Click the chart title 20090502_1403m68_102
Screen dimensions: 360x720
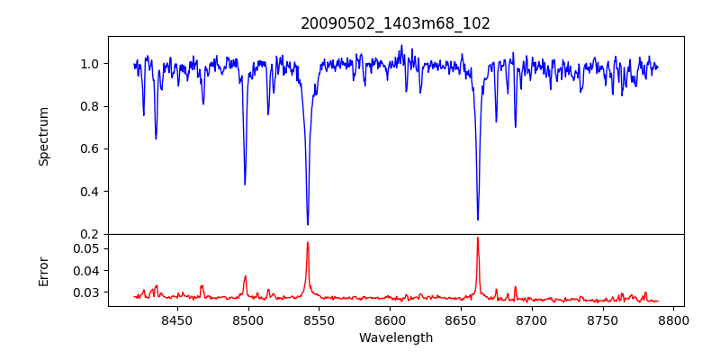pyautogui.click(x=395, y=23)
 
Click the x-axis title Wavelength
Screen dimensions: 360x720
pyautogui.click(x=395, y=337)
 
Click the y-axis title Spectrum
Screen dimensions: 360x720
pyautogui.click(x=43, y=136)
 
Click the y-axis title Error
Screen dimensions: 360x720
pyautogui.click(x=43, y=270)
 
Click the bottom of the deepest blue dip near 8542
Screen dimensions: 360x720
pyautogui.click(x=308, y=224)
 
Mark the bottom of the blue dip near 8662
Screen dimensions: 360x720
pyautogui.click(x=478, y=219)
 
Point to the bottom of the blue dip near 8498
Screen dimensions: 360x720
pyautogui.click(x=245, y=184)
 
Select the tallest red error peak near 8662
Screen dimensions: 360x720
pyautogui.click(x=478, y=238)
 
